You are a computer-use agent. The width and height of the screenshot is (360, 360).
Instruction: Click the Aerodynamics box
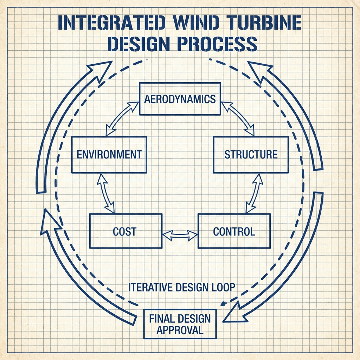point(180,99)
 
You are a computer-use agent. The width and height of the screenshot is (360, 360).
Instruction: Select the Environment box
point(109,155)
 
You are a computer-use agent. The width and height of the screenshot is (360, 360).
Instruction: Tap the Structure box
point(251,155)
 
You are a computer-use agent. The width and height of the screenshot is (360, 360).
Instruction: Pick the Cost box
point(126,231)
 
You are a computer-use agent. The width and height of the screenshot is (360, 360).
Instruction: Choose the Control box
point(234,231)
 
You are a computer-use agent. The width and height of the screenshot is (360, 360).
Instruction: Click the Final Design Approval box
point(180,324)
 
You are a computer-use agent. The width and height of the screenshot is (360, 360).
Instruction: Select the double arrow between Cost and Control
point(180,235)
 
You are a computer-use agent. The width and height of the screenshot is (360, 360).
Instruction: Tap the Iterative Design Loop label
point(182,287)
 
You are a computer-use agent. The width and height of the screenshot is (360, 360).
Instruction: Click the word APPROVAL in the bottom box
point(180,330)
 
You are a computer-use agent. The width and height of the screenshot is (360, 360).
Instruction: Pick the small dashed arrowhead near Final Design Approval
point(223,304)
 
